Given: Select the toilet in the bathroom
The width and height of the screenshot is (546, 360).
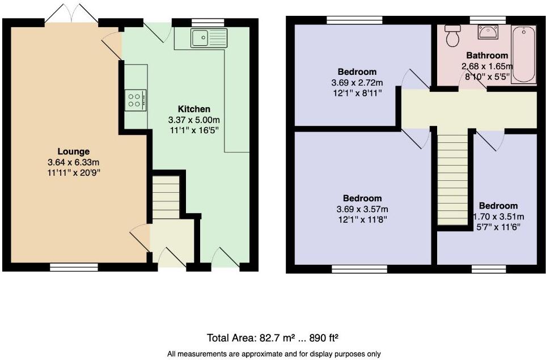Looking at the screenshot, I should click(453, 36).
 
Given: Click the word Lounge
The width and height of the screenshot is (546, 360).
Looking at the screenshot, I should click(73, 151).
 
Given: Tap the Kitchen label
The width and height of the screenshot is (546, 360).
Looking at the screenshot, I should click(194, 109).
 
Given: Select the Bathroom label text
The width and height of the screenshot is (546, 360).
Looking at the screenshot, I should click(486, 56).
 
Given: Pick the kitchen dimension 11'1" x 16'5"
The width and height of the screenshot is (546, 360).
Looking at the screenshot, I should click(194, 130).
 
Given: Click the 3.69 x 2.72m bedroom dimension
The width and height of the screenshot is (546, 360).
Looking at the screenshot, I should click(357, 82).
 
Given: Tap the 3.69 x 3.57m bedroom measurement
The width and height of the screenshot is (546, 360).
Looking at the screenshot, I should click(362, 209).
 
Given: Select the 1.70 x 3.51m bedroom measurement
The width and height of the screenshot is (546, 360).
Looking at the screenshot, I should click(498, 216).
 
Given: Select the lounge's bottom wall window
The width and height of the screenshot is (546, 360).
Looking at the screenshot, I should click(73, 266).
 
